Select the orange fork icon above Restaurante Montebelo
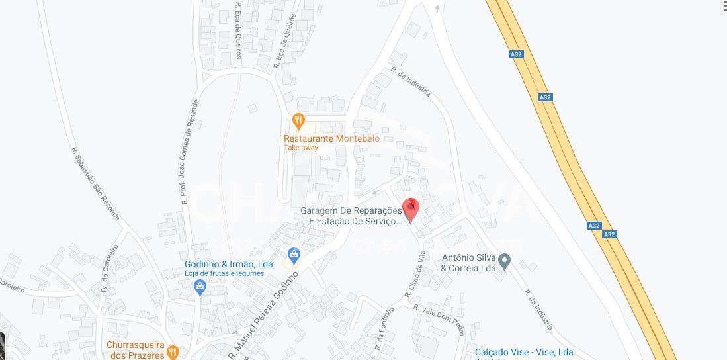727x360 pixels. coord(298,121)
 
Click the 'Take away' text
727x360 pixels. coord(301,148)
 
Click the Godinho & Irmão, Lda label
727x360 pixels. coord(228,264)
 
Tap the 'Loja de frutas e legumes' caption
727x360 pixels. coord(228,273)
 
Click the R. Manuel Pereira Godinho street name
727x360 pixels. coord(265,315)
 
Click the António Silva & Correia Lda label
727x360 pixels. coord(468,263)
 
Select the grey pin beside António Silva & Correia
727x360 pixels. coord(505,262)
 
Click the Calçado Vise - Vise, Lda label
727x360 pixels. coord(524,352)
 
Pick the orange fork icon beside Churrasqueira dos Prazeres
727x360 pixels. coord(172,351)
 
